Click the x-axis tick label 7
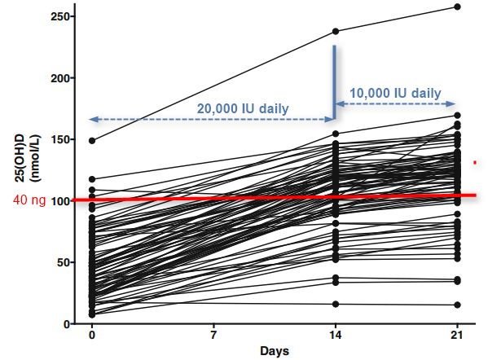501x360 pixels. [213, 336]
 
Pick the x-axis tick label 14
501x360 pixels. [335, 336]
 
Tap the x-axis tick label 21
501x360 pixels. [456, 336]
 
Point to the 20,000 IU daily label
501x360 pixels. [242, 108]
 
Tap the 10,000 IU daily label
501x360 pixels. [396, 93]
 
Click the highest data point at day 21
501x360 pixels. [457, 7]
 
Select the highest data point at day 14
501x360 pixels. [336, 32]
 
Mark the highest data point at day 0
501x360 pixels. [92, 140]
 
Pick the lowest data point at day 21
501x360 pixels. [457, 305]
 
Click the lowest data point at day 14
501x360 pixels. [336, 304]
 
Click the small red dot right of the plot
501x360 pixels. [475, 163]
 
